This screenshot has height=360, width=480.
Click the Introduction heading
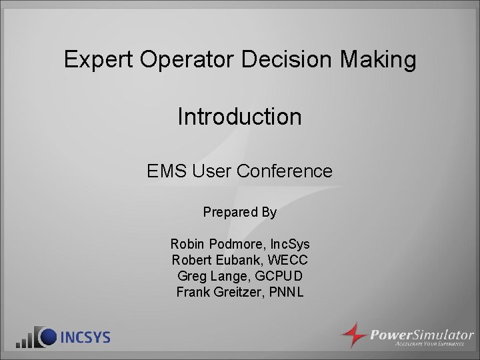pyautogui.click(x=239, y=117)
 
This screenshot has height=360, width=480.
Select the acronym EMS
pyautogui.click(x=168, y=171)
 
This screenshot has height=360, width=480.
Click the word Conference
pyautogui.click(x=291, y=171)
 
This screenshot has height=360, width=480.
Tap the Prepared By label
pyautogui.click(x=239, y=213)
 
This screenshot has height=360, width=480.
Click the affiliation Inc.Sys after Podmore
pyautogui.click(x=287, y=244)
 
